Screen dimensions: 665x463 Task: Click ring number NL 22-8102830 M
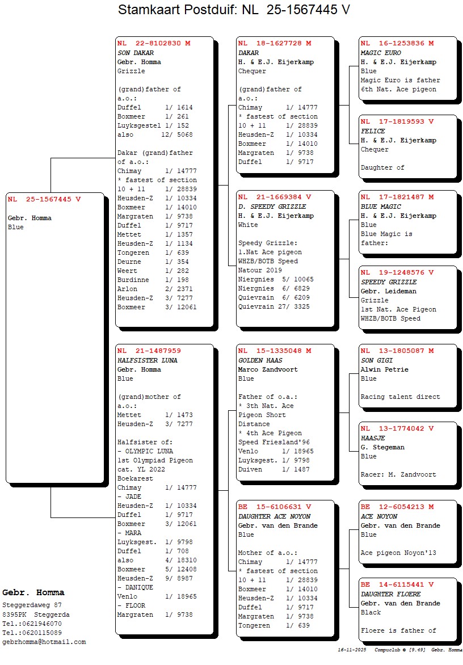tap(154, 43)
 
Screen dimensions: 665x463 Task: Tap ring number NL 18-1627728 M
tap(275, 43)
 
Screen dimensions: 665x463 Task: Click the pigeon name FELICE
tap(373, 131)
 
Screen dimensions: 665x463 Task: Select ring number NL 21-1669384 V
tap(275, 197)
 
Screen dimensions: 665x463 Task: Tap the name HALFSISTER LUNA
tap(148, 360)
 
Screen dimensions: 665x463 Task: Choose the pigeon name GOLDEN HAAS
tap(260, 360)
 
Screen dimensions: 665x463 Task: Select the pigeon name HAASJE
tap(373, 438)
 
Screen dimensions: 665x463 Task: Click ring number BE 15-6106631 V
tap(275, 507)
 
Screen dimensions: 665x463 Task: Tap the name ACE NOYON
tap(379, 516)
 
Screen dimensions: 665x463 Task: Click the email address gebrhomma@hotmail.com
tap(44, 642)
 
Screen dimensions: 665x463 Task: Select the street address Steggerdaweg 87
tap(32, 605)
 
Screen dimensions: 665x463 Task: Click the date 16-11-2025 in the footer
tap(352, 650)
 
